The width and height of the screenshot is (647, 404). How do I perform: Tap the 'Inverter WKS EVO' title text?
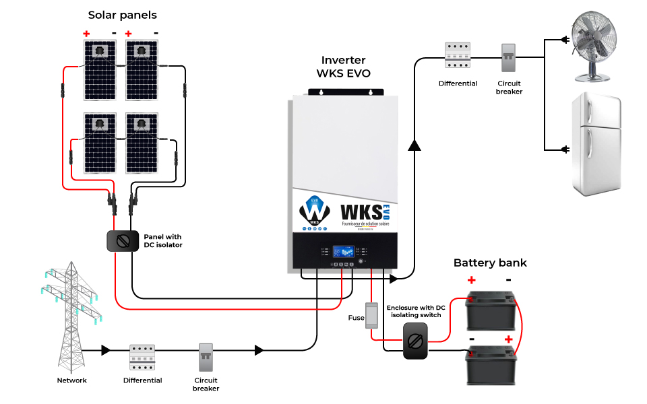344,66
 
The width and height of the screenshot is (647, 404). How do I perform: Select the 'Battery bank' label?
490,263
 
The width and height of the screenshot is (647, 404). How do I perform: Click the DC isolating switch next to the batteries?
415,340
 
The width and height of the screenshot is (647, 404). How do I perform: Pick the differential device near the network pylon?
142,358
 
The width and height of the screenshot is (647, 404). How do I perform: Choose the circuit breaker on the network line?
206,358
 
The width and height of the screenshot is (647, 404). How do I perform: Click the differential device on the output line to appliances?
458,57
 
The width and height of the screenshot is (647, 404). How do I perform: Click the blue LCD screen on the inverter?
344,251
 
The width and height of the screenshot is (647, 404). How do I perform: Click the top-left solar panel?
100,69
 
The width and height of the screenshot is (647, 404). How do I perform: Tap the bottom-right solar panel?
142,142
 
